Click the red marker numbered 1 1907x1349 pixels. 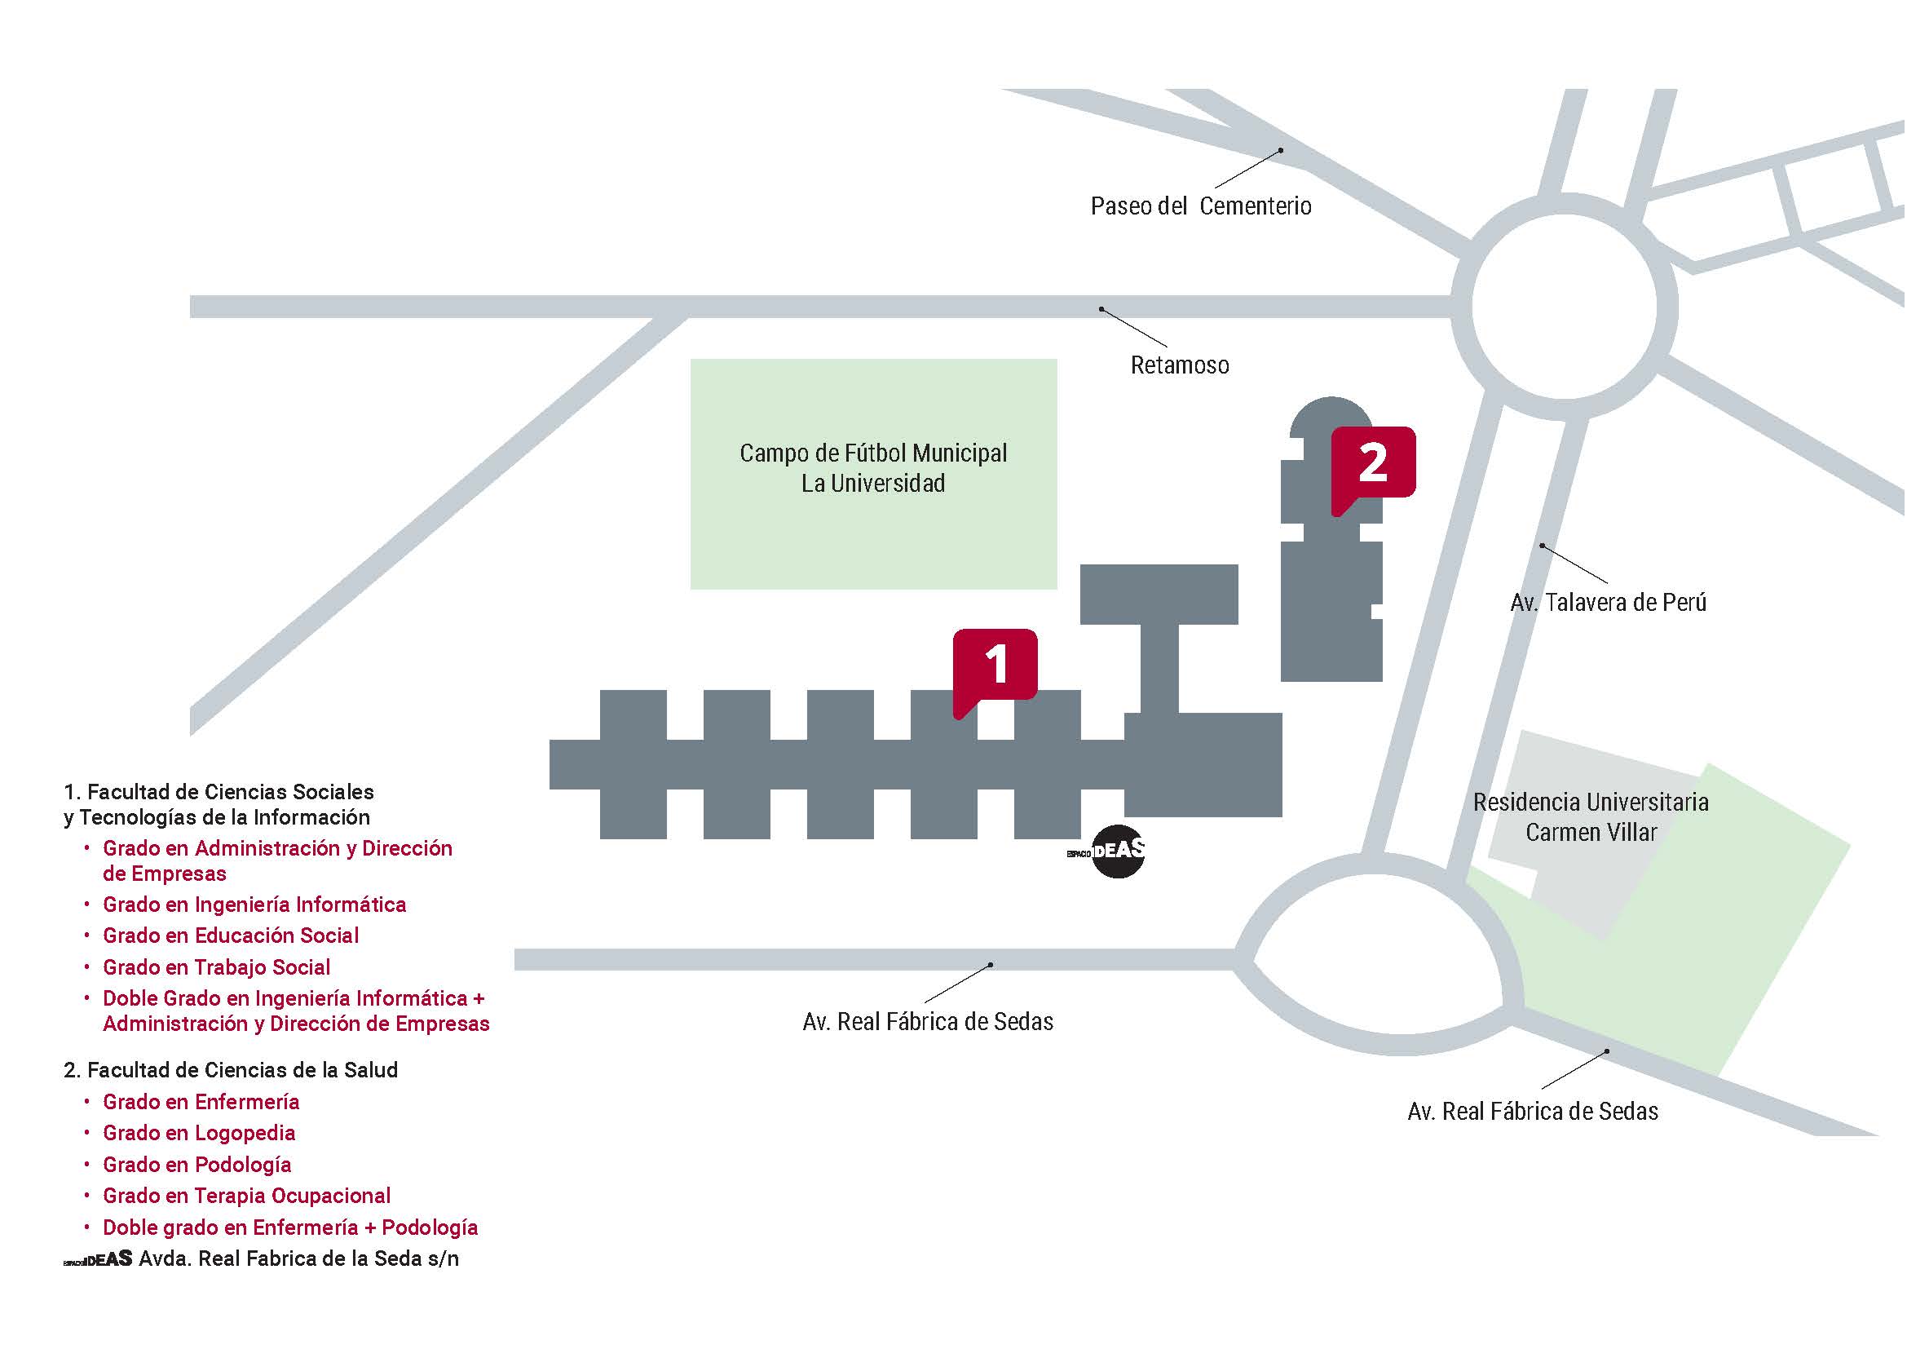[995, 665]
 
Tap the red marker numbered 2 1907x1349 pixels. [1373, 462]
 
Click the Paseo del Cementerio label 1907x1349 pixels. [1201, 206]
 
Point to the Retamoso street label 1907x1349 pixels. [1180, 365]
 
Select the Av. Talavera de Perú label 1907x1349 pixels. [1608, 602]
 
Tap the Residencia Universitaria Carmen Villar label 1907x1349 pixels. [1591, 817]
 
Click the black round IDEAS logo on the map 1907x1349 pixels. [1117, 851]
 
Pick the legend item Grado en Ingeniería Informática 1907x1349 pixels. [254, 904]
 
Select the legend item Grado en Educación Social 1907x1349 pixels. [230, 935]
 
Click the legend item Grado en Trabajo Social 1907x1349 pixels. [216, 967]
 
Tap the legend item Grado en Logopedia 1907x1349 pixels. [198, 1133]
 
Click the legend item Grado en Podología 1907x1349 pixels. [196, 1165]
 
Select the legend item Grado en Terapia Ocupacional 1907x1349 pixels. [246, 1196]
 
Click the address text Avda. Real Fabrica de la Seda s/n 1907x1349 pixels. [299, 1258]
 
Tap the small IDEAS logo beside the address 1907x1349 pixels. [98, 1259]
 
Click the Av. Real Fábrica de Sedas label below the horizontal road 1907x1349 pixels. [928, 1022]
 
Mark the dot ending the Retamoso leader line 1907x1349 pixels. [1101, 310]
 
